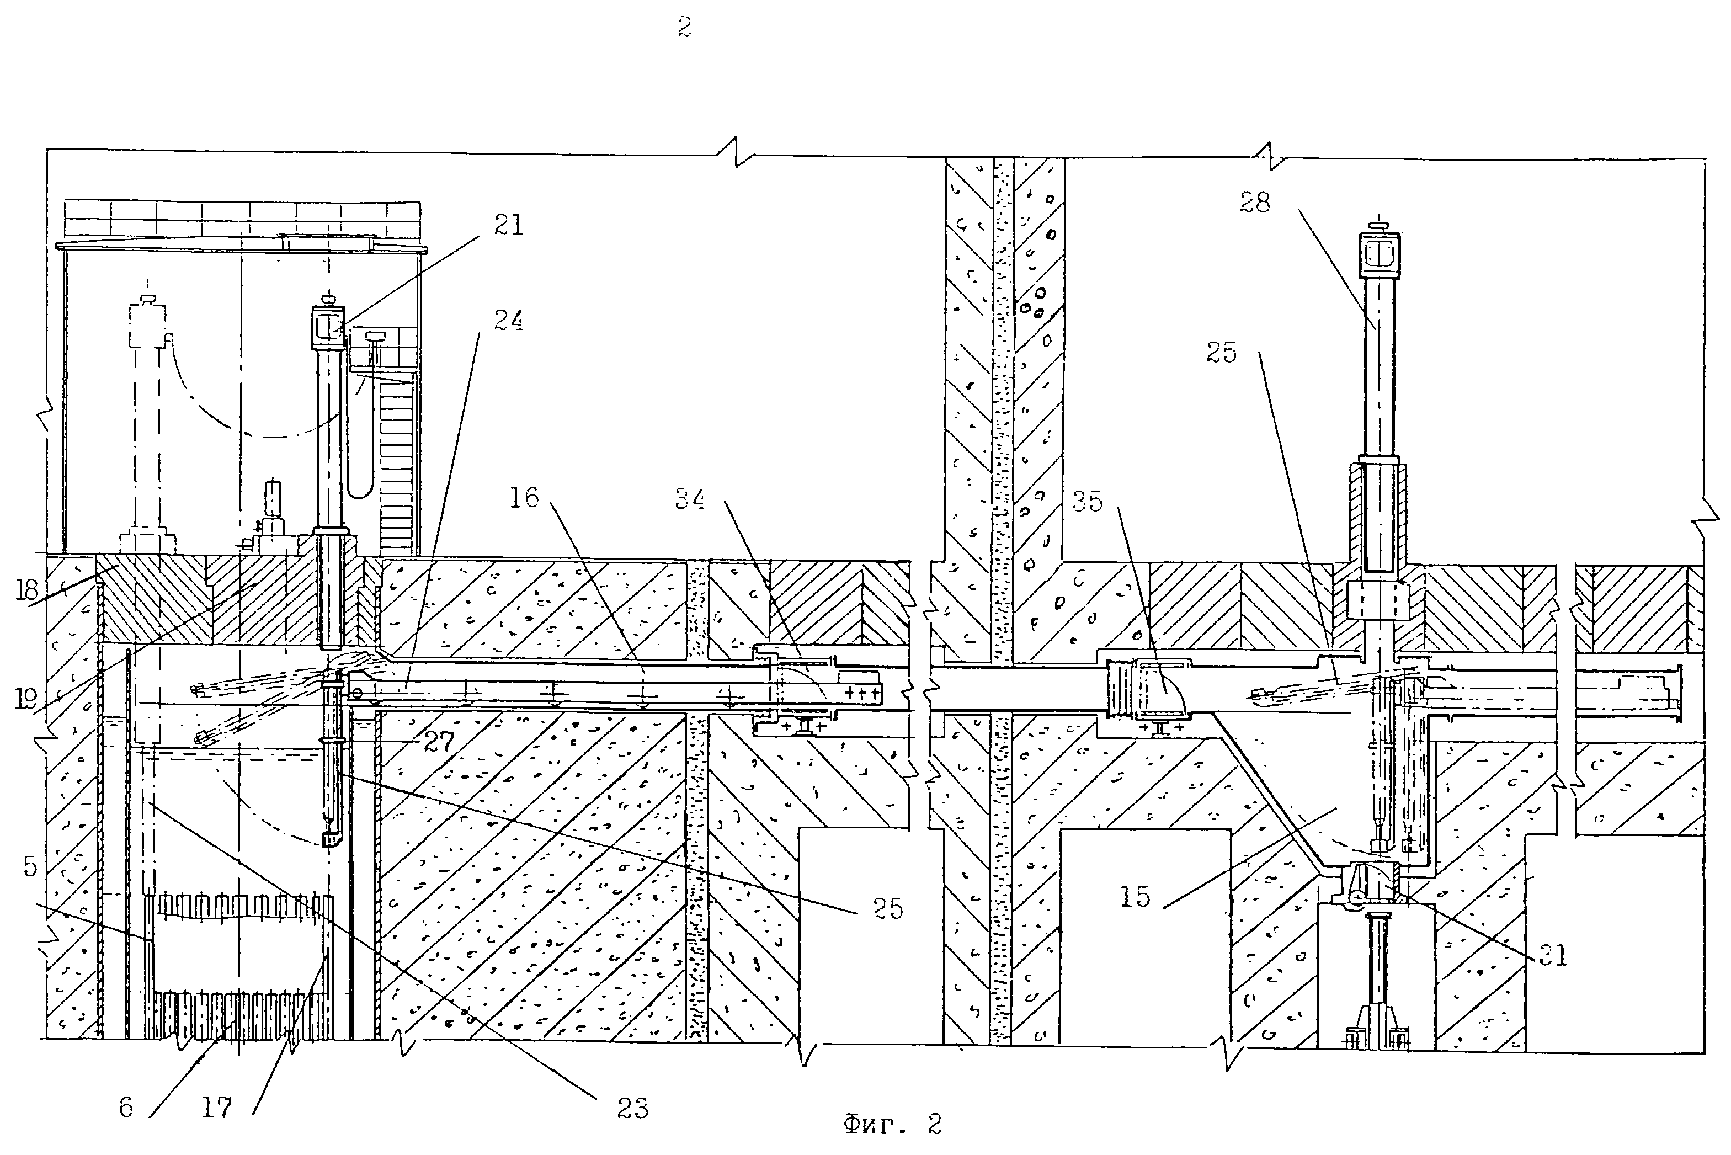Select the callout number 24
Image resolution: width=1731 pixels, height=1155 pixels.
[508, 321]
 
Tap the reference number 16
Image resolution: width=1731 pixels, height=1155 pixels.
[524, 498]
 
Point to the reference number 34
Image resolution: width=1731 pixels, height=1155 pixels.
[690, 500]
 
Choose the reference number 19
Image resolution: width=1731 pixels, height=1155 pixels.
[27, 698]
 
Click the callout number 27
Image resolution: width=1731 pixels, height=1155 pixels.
[439, 742]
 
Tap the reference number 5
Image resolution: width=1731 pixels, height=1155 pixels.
[29, 867]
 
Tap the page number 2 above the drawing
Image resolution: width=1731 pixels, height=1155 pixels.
[684, 28]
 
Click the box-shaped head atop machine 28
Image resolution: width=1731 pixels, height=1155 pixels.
[1380, 254]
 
